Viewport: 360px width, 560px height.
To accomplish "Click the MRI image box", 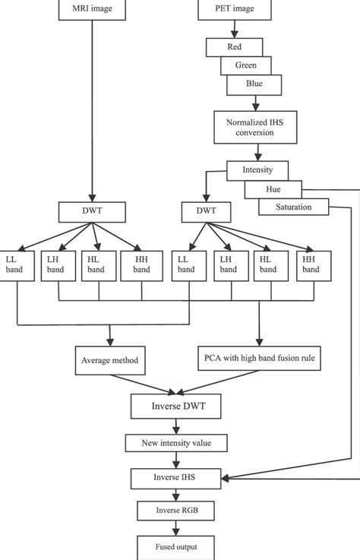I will click(x=90, y=10).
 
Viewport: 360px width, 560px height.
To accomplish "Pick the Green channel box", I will click(x=245, y=65).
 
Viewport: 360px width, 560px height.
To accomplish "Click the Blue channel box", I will click(x=254, y=84).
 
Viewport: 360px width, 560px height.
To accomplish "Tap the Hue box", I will click(x=273, y=188).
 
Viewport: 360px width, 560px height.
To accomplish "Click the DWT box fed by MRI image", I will click(x=90, y=210).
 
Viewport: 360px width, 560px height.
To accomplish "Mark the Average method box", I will click(x=110, y=360).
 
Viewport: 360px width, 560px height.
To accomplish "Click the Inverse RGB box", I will click(x=177, y=510).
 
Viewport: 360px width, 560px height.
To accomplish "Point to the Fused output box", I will click(x=177, y=546).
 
